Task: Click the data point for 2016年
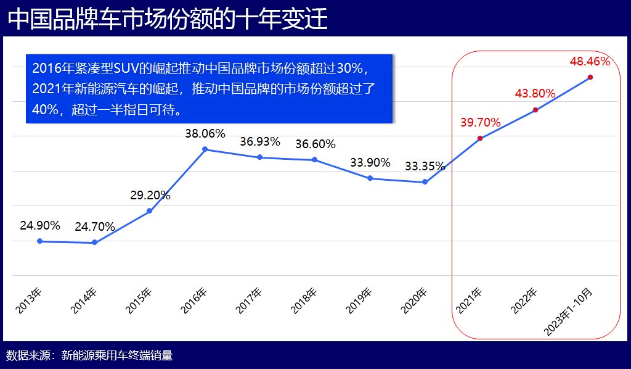coord(205,149)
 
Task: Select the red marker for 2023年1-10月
coord(590,77)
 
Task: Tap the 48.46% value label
coord(590,61)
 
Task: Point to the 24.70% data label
coord(95,226)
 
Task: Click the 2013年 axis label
coord(29,301)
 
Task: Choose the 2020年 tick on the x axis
coord(414,301)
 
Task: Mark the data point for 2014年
coord(94,243)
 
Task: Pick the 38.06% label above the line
coord(205,133)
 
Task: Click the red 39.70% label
coord(480,122)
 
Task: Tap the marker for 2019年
coord(370,178)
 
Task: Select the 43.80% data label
coord(535,94)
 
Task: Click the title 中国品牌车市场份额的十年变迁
coord(168,19)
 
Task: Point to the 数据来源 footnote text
coord(89,355)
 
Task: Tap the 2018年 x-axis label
coord(304,301)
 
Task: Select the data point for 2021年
coord(480,138)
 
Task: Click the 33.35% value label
coord(425,166)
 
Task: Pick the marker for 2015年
coord(150,211)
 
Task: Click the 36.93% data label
coord(260,141)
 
